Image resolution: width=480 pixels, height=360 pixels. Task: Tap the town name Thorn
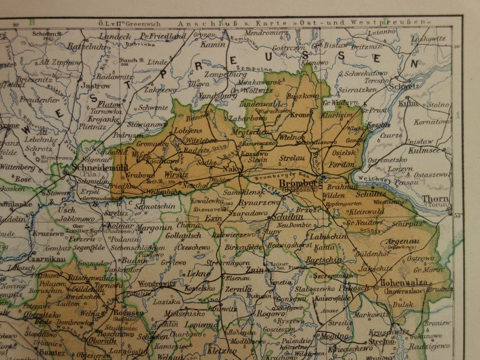click(435, 198)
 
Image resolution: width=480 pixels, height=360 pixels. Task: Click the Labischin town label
click(326, 236)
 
